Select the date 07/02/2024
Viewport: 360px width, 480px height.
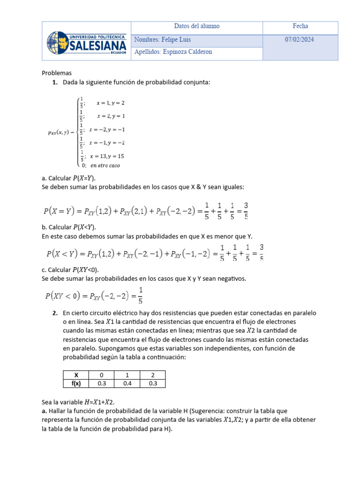tap(300, 40)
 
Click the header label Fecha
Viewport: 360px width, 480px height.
tap(300, 26)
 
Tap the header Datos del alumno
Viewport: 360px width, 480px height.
tap(196, 26)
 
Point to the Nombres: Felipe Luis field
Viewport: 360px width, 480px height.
tap(163, 40)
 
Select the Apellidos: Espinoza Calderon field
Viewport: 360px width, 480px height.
tap(173, 52)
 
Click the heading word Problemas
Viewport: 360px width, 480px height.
tap(57, 73)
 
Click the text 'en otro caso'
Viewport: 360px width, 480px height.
tap(105, 165)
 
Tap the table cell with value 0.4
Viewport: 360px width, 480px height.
tap(127, 383)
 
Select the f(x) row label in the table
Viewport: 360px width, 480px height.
tap(76, 383)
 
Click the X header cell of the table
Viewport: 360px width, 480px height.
tap(76, 375)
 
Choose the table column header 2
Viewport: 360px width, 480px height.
tap(152, 375)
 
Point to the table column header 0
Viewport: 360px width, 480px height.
tap(101, 375)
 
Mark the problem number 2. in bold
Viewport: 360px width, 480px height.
tap(55, 313)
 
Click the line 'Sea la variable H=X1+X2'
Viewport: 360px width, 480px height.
tap(78, 402)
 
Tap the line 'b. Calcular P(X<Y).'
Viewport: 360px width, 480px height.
tap(69, 227)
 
